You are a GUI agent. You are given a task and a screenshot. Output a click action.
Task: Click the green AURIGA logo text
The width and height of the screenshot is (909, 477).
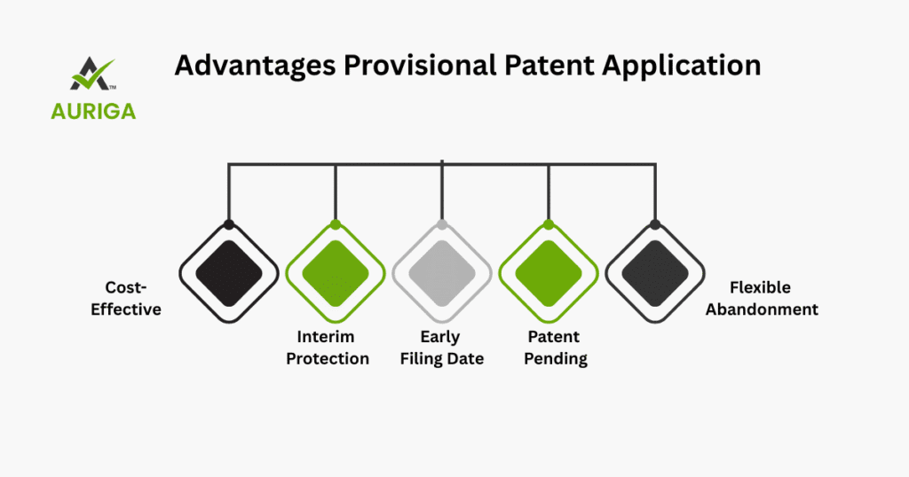(x=93, y=111)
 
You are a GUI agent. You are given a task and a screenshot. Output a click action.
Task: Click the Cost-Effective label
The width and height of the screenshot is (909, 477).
(x=125, y=300)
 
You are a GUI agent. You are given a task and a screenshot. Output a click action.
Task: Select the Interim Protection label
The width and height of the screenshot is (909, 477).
(x=328, y=348)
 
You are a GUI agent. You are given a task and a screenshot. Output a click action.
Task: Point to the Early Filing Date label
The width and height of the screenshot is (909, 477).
(x=442, y=348)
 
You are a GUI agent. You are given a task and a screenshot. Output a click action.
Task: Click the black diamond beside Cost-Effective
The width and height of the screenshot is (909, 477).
(x=229, y=273)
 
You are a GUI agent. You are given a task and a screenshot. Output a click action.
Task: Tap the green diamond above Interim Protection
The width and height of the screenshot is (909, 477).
(x=336, y=273)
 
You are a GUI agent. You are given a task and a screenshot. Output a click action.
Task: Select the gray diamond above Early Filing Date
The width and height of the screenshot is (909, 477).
(x=442, y=273)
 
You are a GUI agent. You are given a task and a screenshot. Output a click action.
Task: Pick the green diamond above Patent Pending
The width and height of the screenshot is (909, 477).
(x=549, y=273)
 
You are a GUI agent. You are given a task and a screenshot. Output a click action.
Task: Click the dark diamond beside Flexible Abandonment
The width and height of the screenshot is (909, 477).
(x=655, y=273)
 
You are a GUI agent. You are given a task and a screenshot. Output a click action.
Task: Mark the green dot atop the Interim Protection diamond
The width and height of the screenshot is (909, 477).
(x=336, y=224)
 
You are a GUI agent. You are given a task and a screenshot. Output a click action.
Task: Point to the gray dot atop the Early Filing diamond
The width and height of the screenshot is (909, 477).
(x=442, y=224)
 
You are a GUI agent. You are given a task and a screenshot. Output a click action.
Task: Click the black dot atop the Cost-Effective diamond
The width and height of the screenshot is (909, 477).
(x=229, y=224)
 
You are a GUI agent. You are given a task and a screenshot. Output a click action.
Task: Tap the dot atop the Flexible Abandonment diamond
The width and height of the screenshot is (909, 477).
(x=655, y=224)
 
